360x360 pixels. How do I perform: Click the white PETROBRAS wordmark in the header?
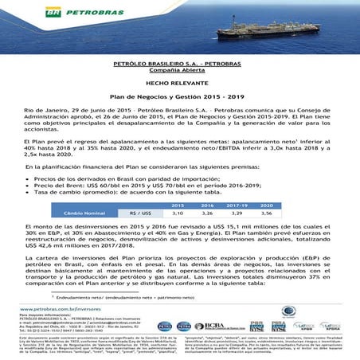tap(50, 12)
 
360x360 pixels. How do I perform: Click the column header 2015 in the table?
tap(177, 205)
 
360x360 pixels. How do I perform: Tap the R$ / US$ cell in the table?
tap(139, 213)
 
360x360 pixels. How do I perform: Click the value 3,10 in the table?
tap(177, 213)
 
